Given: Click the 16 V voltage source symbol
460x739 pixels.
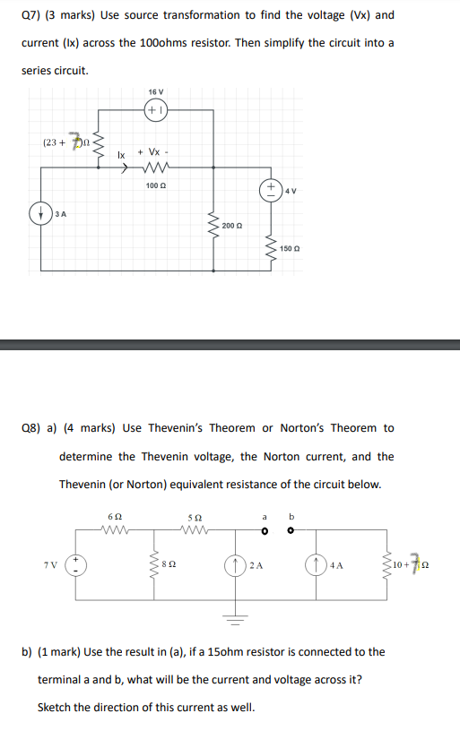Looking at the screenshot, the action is coord(156,112).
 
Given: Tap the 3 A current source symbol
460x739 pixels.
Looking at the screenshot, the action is coord(39,214).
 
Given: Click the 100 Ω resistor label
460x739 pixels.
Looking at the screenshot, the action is coord(155,185).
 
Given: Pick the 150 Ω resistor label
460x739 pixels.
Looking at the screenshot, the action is coord(289,247).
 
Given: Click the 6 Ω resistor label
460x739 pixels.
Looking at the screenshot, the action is coord(114,518).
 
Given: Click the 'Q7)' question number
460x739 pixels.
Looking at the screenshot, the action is coord(31,15).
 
